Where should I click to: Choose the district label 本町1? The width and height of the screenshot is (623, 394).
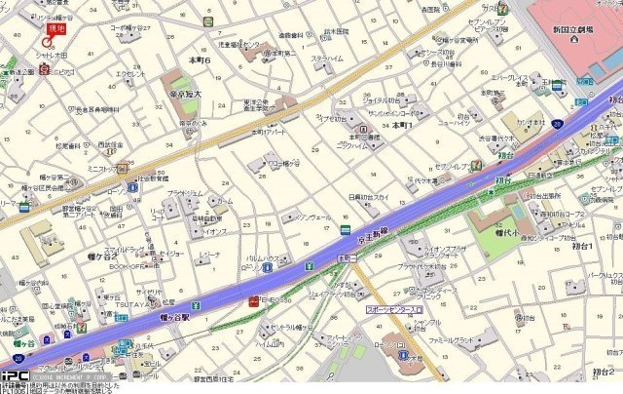[x=403, y=126]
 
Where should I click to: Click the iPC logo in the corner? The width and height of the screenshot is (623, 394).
[x=13, y=374]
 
